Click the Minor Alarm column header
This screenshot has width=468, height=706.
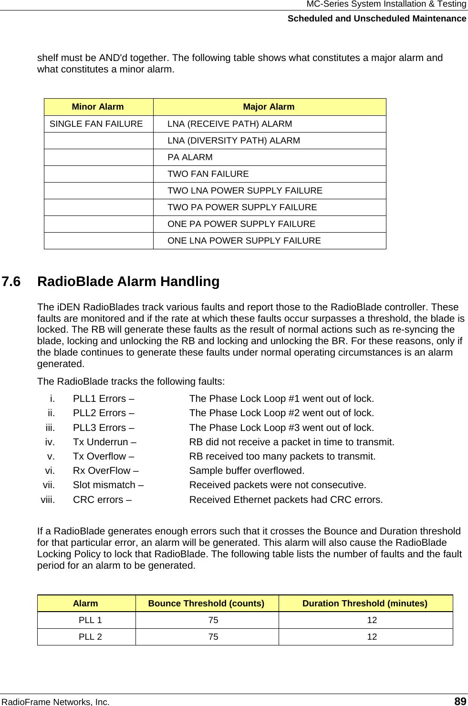[x=98, y=107]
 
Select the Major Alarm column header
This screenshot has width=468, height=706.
[x=269, y=107]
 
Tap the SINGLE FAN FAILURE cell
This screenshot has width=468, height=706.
[x=96, y=124]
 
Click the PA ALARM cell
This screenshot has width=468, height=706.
[x=190, y=157]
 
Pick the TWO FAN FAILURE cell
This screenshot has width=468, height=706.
[x=208, y=174]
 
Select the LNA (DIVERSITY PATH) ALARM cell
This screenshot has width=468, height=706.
[x=234, y=141]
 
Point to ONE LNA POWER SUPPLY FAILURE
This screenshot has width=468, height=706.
[x=244, y=241]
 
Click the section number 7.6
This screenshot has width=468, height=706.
[x=11, y=282]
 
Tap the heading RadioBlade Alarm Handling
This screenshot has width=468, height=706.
[x=128, y=282]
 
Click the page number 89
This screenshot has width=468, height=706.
[x=460, y=701]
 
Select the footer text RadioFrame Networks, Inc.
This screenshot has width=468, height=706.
[x=56, y=702]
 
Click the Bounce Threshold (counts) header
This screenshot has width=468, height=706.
[x=206, y=604]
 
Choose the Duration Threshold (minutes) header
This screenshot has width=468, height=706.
[x=365, y=604]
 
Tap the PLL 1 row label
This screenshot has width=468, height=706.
[x=90, y=620]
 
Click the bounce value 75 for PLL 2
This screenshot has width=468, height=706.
[x=213, y=637]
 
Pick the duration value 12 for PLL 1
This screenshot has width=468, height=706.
[x=372, y=620]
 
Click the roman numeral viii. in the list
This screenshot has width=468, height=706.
[x=48, y=500]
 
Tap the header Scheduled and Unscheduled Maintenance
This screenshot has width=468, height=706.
[x=377, y=19]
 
